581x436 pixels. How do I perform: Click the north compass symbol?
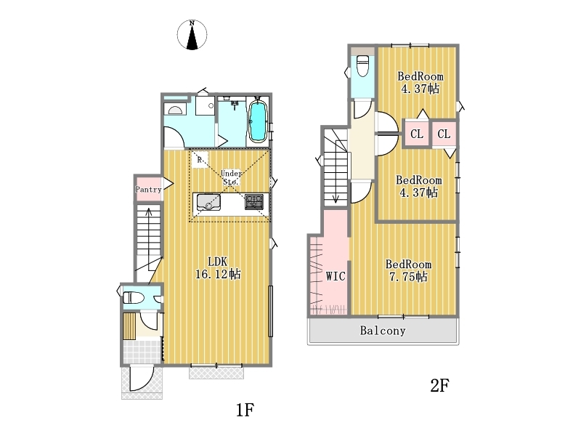(192, 35)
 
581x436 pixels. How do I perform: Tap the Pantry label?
(148, 190)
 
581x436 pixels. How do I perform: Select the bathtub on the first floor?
(256, 121)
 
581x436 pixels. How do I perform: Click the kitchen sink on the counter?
(208, 202)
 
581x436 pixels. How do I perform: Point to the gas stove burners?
(253, 202)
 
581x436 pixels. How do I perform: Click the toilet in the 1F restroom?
(134, 297)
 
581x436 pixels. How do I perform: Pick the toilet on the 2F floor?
(362, 65)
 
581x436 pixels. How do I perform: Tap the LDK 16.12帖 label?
(217, 267)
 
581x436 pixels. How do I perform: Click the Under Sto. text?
(231, 177)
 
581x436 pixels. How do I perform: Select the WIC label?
(336, 276)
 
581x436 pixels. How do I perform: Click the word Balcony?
(383, 331)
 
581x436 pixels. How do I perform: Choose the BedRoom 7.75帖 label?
(408, 270)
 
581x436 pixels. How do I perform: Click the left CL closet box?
(417, 134)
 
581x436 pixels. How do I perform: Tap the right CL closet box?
(444, 134)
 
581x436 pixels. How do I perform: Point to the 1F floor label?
(245, 410)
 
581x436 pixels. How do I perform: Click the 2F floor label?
(440, 386)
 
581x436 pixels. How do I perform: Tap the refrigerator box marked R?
(199, 160)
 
